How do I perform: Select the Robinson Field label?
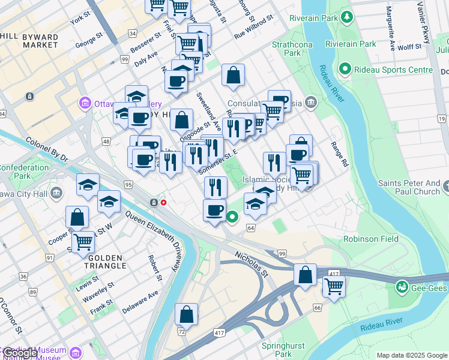pyautogui.click(x=371, y=239)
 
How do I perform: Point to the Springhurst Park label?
pyautogui.click(x=283, y=350)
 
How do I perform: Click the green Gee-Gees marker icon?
pyautogui.click(x=401, y=287)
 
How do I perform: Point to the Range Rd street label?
pyautogui.click(x=339, y=154)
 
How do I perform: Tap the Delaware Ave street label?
pyautogui.click(x=140, y=302)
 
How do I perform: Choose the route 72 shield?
pyautogui.click(x=181, y=331)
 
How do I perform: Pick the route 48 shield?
pyautogui.click(x=106, y=142)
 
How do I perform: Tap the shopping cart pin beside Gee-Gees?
pyautogui.click(x=333, y=286)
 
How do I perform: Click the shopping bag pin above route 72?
pyautogui.click(x=186, y=314)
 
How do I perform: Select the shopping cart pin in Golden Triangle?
pyautogui.click(x=83, y=242)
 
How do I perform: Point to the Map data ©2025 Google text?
pyautogui.click(x=411, y=355)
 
